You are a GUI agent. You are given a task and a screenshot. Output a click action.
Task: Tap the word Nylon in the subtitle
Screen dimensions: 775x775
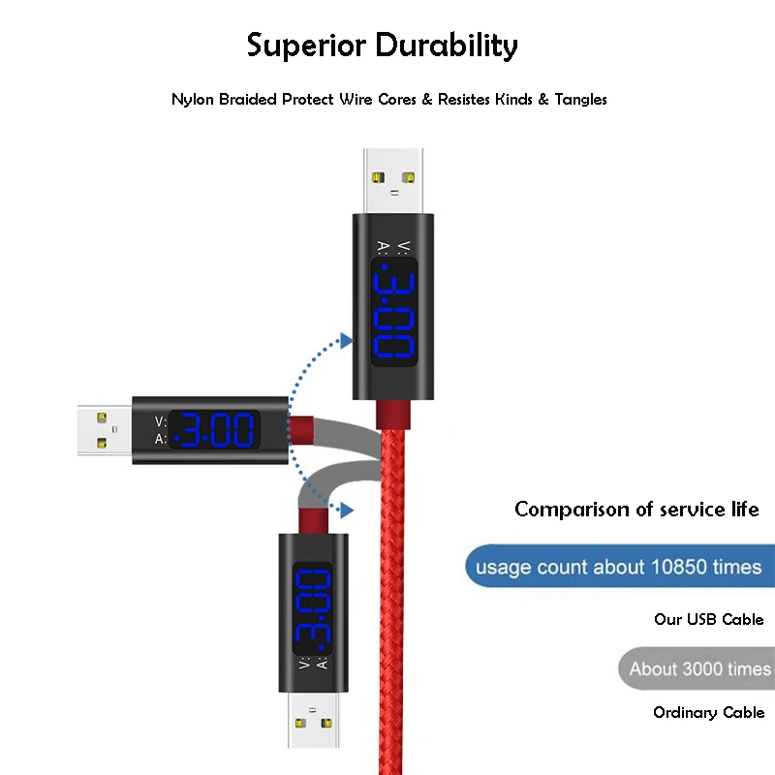pos(192,99)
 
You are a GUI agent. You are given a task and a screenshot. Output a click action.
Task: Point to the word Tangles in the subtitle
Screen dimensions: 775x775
pos(580,99)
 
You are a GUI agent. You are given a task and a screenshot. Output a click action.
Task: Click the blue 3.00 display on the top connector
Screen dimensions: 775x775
pos(392,316)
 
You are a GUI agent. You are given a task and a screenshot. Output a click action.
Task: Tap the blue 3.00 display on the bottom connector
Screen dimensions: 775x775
pos(315,606)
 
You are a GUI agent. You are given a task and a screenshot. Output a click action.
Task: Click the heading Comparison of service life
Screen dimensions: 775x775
pos(636,509)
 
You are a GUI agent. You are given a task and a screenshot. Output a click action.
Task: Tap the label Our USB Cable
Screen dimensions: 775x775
pos(708,619)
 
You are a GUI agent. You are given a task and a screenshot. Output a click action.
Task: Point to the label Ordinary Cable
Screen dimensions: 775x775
pos(708,713)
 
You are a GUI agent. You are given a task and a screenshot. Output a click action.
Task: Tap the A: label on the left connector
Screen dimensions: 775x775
pos(160,439)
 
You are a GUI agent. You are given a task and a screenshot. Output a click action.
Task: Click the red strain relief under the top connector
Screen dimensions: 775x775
pos(393,414)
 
